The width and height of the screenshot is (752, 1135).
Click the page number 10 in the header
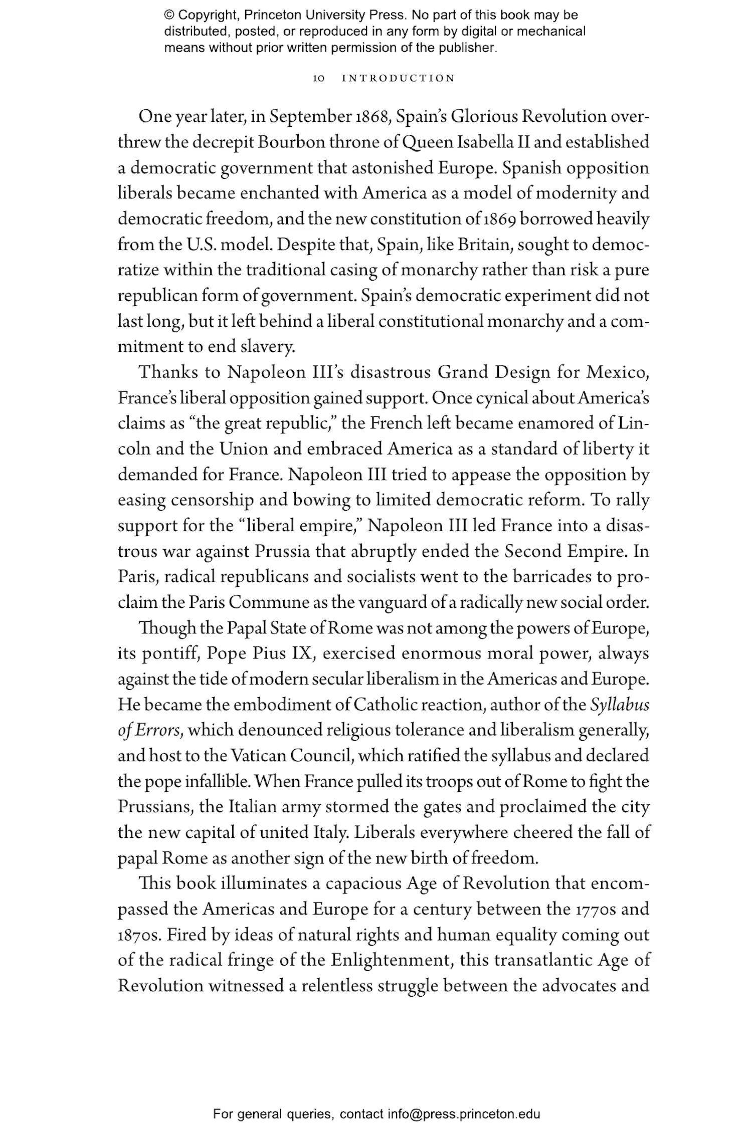319,79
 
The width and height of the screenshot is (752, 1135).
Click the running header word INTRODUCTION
398,79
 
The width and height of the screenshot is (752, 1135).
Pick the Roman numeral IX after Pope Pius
303,653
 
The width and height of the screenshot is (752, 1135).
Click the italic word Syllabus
620,705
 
